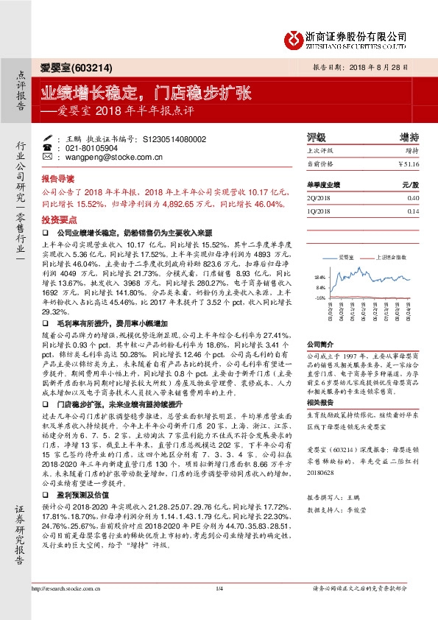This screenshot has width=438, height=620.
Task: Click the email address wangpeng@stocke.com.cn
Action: coord(109,157)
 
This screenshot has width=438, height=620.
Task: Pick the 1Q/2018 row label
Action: coord(319,211)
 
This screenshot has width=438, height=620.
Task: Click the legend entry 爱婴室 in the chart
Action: coord(346,258)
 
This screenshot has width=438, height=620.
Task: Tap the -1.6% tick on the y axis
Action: coord(319,298)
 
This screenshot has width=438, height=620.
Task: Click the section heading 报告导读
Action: coord(58,179)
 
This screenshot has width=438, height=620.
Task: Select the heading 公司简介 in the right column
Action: coord(320,343)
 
